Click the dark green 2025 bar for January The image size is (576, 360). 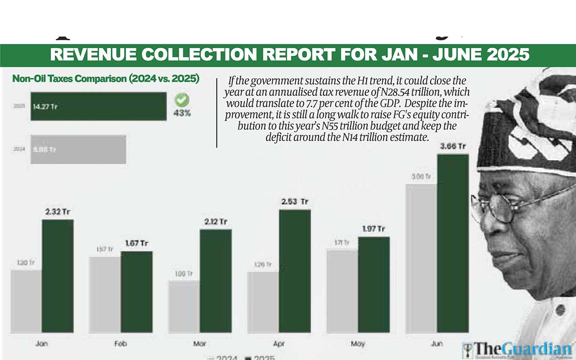(x=58, y=276)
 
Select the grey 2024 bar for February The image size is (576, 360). (x=105, y=295)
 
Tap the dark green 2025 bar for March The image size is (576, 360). (x=216, y=281)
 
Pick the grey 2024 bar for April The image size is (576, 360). (x=263, y=302)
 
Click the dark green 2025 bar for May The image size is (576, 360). (x=373, y=285)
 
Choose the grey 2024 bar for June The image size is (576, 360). (x=421, y=258)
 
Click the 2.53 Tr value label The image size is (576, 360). (x=295, y=202)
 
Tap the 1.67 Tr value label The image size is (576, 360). (x=136, y=243)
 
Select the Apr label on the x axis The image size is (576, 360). (x=279, y=344)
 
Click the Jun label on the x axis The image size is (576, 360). (x=437, y=344)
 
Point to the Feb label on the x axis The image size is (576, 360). (x=121, y=344)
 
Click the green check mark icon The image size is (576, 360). (x=182, y=100)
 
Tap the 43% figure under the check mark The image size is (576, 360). (x=182, y=113)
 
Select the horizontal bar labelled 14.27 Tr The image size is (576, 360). (x=99, y=107)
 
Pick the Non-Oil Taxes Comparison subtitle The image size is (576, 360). (x=106, y=79)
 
